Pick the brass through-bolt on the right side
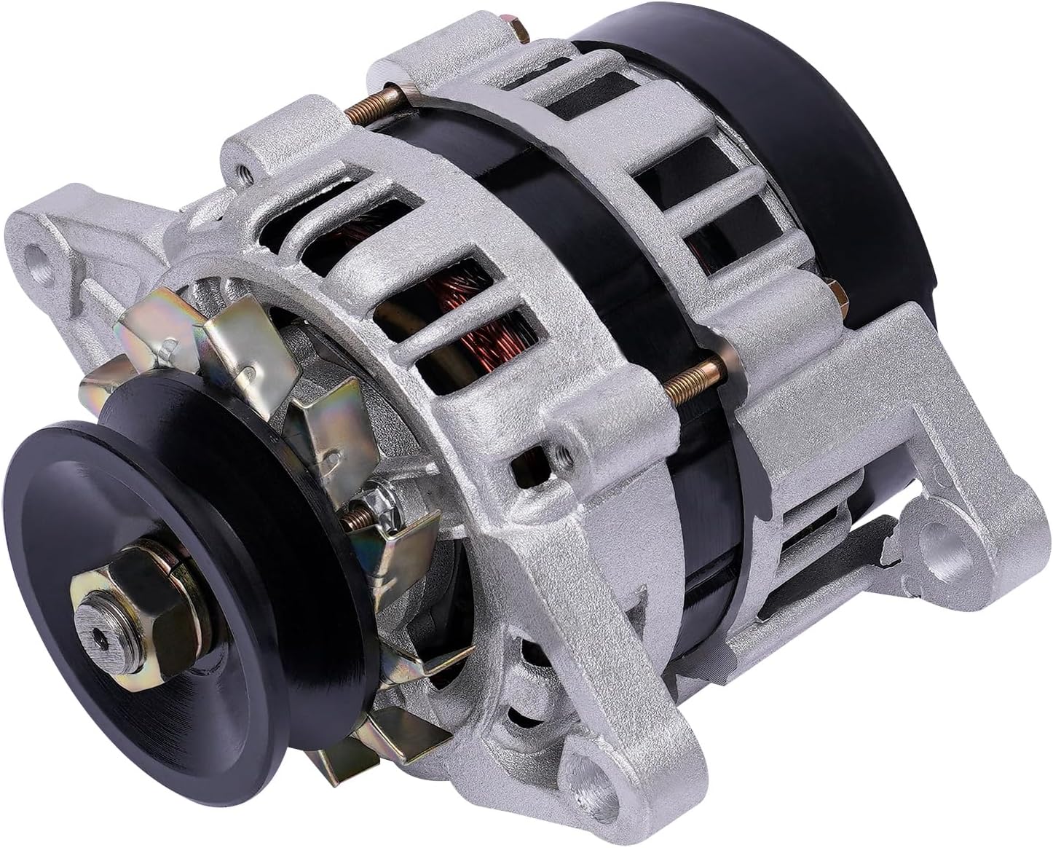tap(695, 379)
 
